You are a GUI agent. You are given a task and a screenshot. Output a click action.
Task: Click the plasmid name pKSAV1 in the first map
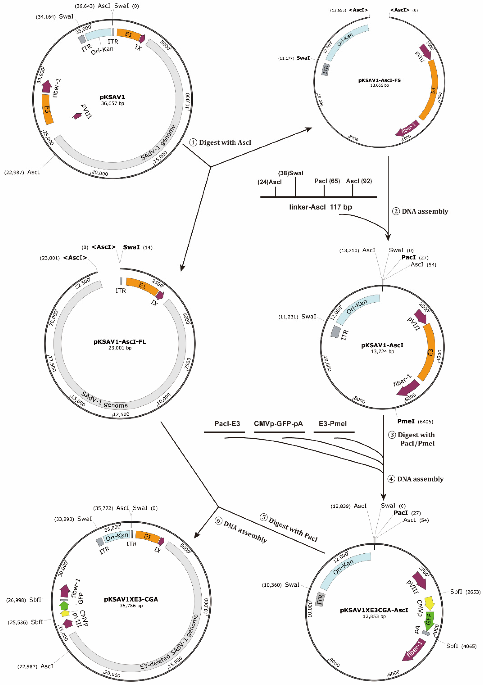[x=112, y=97]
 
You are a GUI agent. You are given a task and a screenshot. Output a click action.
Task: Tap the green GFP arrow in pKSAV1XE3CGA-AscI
[x=429, y=620]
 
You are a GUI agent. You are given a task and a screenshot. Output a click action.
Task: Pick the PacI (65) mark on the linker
[x=327, y=181]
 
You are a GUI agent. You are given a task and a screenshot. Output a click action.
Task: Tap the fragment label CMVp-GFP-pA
[x=278, y=424]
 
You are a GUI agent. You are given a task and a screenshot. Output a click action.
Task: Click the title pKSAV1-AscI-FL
[x=120, y=342]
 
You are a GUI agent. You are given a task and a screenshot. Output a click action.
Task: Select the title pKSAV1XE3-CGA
[x=131, y=599]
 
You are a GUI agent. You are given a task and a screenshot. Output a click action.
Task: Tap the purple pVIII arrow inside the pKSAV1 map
[x=78, y=116]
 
